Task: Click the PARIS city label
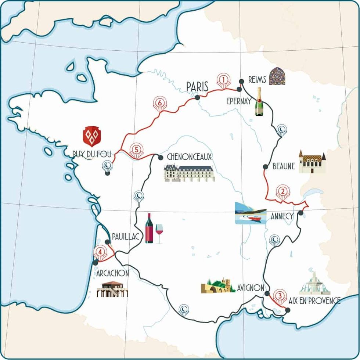197,86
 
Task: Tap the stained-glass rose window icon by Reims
277,76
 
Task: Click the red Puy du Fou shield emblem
92,136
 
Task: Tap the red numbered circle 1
223,79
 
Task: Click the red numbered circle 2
282,191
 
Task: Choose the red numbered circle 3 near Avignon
280,295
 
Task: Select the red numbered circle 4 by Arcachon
100,252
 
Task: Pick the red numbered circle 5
136,150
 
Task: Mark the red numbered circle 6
159,102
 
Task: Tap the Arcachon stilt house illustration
112,289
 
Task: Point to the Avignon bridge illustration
218,286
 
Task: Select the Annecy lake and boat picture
251,213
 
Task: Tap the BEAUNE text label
284,166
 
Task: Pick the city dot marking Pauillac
107,242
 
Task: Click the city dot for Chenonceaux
161,158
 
